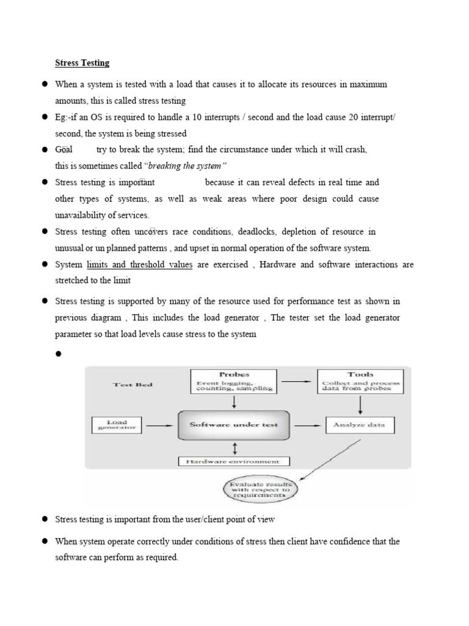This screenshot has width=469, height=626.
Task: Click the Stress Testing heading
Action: pyautogui.click(x=82, y=62)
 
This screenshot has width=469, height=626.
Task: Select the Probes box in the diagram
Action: pyautogui.click(x=234, y=381)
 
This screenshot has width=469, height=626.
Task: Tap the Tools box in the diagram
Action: pyautogui.click(x=360, y=381)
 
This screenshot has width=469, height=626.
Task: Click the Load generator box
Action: pyautogui.click(x=117, y=425)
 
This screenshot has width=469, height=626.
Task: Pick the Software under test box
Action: pyautogui.click(x=234, y=425)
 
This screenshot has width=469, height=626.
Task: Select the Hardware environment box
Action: pyautogui.click(x=234, y=462)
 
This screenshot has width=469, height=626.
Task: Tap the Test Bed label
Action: pyautogui.click(x=133, y=385)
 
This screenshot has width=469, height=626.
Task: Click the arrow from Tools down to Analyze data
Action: pyautogui.click(x=360, y=405)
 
